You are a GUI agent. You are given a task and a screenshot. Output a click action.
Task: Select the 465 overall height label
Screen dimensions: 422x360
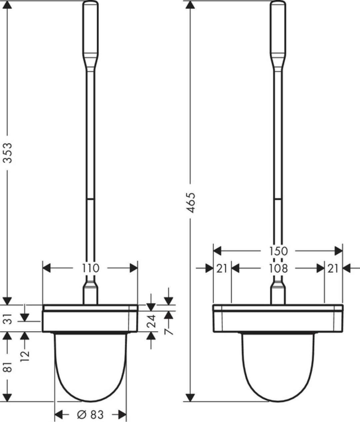tap(190, 202)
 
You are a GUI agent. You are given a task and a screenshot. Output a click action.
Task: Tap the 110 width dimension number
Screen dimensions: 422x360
tap(91, 268)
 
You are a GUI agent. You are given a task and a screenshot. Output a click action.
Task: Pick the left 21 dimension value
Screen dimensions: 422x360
tap(222, 268)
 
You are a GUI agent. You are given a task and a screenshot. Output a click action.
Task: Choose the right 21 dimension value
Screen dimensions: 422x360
tap(333, 268)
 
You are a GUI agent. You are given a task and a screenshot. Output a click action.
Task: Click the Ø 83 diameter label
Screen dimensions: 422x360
tap(90, 415)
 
